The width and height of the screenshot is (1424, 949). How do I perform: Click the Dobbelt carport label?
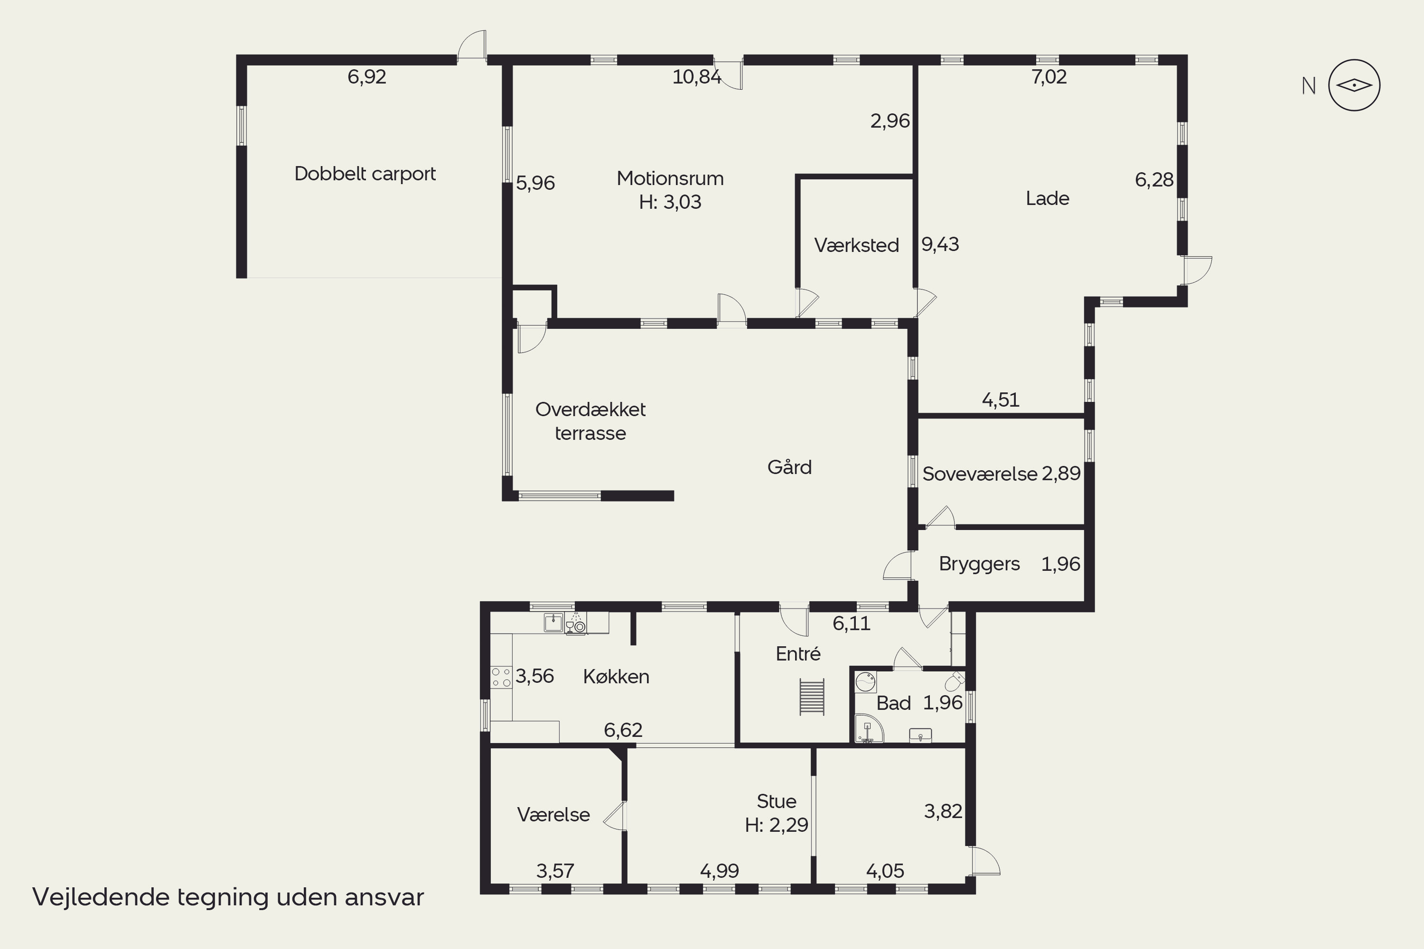click(x=365, y=174)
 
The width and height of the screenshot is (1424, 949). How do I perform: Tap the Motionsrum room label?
click(x=670, y=178)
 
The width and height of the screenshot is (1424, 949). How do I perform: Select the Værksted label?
click(x=856, y=245)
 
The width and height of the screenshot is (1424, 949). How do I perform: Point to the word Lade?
click(x=1048, y=198)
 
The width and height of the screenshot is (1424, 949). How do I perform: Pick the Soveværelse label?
click(x=980, y=474)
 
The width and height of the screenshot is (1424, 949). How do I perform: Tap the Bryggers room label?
click(x=979, y=564)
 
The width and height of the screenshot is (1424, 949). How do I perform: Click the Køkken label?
click(x=616, y=676)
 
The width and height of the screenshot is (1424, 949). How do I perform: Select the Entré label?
click(x=798, y=654)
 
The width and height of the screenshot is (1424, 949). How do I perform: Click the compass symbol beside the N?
click(x=1354, y=85)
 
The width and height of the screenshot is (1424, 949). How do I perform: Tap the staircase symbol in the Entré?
click(x=812, y=697)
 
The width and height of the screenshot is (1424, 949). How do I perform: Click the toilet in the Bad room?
click(x=956, y=681)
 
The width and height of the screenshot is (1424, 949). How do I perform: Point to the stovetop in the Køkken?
click(x=501, y=677)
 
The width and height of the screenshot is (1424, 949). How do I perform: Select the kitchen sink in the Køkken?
click(x=553, y=623)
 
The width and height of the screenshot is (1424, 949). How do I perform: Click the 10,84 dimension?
click(x=697, y=77)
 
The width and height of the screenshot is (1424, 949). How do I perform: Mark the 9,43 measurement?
click(x=940, y=244)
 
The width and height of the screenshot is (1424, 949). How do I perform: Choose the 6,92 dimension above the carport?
click(x=367, y=77)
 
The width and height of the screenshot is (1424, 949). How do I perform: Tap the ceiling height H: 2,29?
click(x=777, y=825)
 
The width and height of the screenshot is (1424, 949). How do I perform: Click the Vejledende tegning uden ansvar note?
click(x=228, y=897)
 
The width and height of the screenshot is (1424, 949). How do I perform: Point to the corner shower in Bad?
click(x=868, y=729)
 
